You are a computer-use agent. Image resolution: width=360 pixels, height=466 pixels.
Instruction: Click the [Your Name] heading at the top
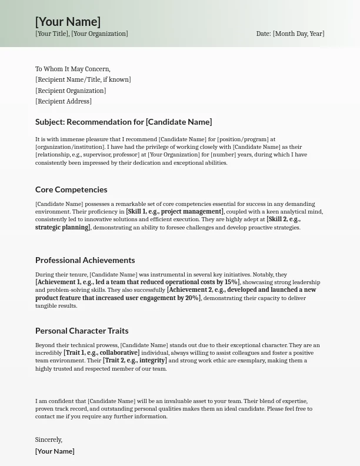pos(68,22)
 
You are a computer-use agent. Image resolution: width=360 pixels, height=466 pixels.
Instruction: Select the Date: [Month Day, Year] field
pos(290,34)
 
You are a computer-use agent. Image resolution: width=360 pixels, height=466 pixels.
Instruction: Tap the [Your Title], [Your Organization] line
pos(81,34)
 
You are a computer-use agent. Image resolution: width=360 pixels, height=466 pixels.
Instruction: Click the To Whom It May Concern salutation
pos(72,69)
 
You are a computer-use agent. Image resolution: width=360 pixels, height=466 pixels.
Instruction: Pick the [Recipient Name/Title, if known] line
pos(83,79)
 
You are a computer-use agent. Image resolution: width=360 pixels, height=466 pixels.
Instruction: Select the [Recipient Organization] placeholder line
pos(71,91)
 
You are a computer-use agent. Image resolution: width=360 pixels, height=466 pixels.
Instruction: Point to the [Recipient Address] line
pos(64,101)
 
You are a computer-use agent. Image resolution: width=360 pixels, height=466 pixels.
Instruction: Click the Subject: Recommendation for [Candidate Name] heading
pos(124,122)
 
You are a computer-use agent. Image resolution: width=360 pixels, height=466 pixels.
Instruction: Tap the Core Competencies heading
pos(71,189)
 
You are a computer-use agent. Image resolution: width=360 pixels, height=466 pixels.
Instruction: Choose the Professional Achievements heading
pos(85,260)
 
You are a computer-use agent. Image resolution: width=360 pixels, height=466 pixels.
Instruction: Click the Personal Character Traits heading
pos(82,331)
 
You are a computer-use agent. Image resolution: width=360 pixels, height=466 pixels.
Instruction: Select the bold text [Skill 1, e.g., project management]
pos(175,212)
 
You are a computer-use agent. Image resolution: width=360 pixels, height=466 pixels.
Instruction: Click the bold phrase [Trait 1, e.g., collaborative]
pos(101,353)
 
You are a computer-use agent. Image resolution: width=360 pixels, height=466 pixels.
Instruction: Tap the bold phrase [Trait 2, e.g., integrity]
pos(135,361)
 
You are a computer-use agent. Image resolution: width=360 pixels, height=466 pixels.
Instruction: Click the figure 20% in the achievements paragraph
pos(192,298)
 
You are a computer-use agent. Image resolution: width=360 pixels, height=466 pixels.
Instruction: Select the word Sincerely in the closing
pos(48,440)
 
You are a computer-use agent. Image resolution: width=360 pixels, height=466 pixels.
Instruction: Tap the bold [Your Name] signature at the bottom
pos(55,451)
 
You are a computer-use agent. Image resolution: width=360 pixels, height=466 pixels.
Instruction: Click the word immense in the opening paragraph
pos(69,139)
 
